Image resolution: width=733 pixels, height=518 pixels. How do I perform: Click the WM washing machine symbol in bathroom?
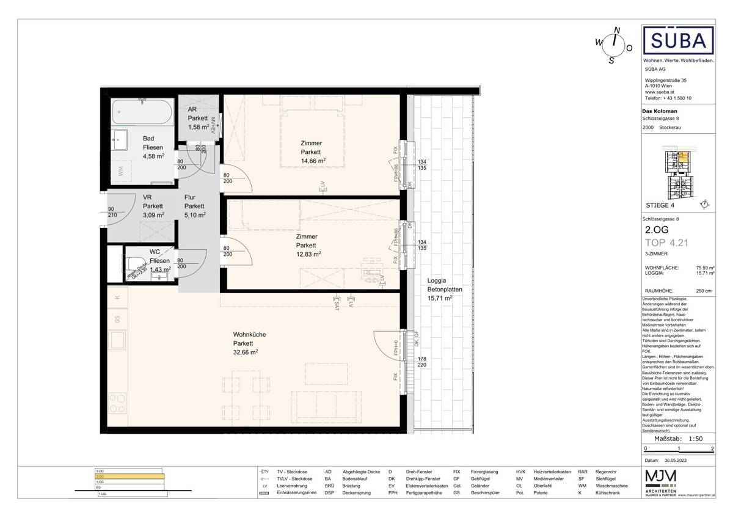pyautogui.click(x=121, y=172)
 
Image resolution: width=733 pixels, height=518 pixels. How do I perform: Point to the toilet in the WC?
pyautogui.click(x=135, y=264)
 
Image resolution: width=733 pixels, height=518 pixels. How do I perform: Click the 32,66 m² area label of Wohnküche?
pyautogui.click(x=246, y=352)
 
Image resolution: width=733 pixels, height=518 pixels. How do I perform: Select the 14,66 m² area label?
pyautogui.click(x=313, y=161)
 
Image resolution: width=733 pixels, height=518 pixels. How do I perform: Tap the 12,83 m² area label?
pyautogui.click(x=308, y=254)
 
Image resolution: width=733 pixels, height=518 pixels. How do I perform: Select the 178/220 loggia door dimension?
pyautogui.click(x=421, y=362)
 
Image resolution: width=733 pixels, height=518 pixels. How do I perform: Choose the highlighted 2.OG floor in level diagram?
pyautogui.click(x=129, y=476)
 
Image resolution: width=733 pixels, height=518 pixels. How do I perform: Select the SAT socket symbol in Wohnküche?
pyautogui.click(x=336, y=303)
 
